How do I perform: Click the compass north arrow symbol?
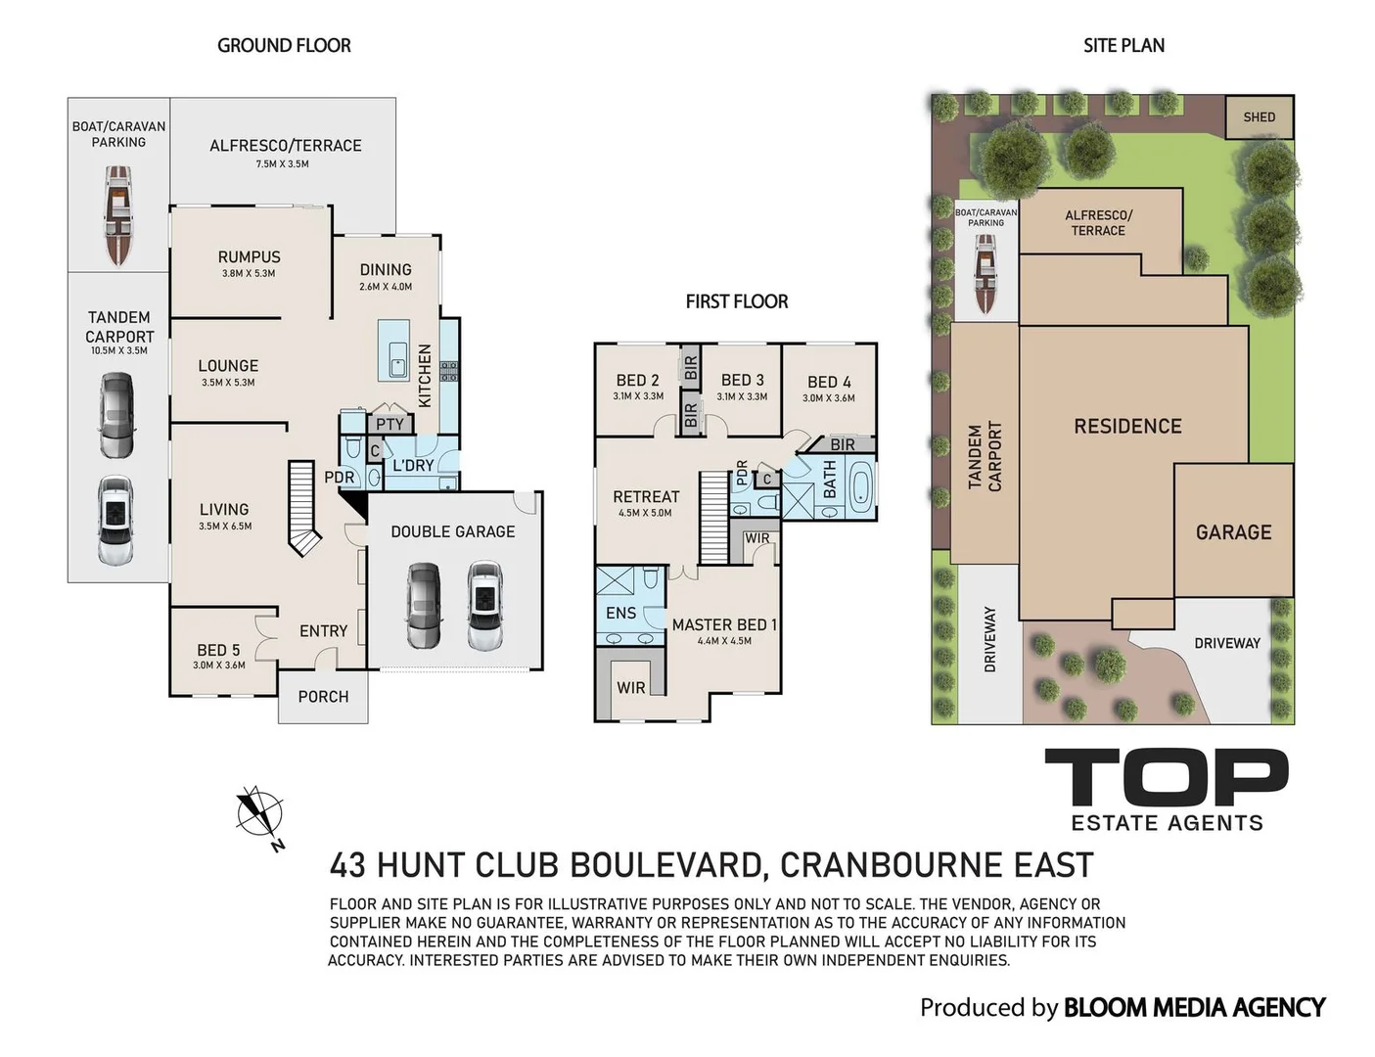(x=260, y=816)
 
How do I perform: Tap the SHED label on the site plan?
(x=1259, y=117)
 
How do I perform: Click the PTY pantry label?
(x=390, y=424)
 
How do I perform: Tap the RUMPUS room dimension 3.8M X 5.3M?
(x=249, y=274)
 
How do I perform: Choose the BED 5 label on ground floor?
(x=218, y=650)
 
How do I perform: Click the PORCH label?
(x=323, y=697)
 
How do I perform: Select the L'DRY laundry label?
(x=413, y=466)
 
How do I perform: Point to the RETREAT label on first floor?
(x=646, y=496)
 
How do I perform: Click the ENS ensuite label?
(x=620, y=613)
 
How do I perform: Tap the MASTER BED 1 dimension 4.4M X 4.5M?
(x=724, y=641)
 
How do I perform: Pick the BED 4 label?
(x=829, y=382)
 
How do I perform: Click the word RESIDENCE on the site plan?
(x=1127, y=427)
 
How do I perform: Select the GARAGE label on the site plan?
(x=1233, y=532)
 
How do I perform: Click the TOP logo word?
(x=1167, y=777)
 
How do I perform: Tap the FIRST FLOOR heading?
(x=737, y=301)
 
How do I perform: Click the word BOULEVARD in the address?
(x=668, y=865)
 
